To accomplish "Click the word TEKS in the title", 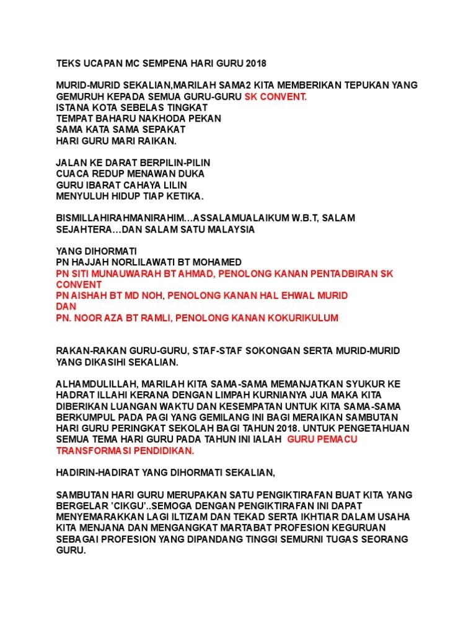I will click(68, 63).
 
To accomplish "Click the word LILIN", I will click(174, 185).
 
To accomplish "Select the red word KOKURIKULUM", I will click(303, 317).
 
